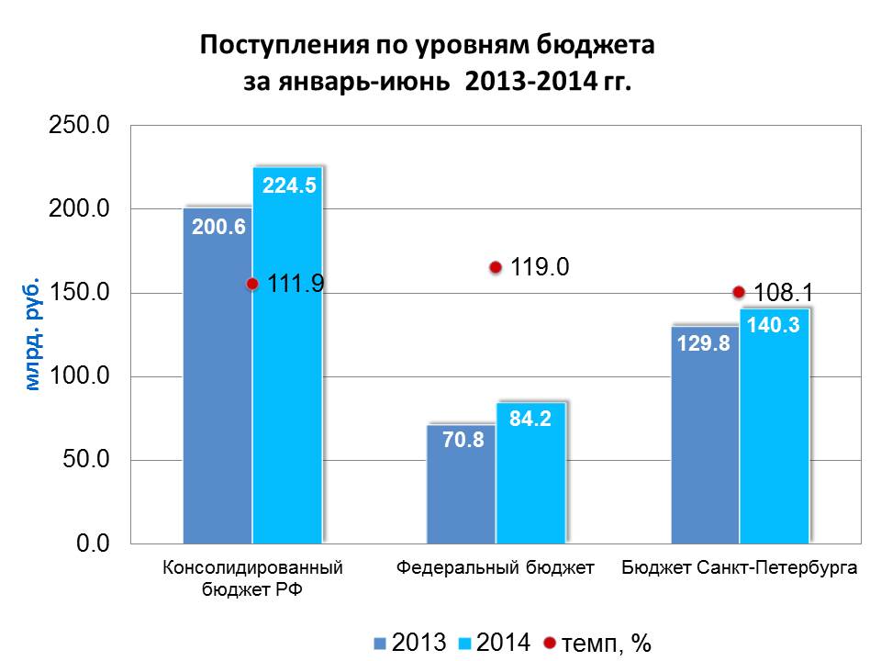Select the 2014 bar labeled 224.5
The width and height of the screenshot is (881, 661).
287,367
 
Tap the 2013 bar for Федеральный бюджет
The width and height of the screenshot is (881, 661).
462,496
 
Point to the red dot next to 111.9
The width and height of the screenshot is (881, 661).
252,285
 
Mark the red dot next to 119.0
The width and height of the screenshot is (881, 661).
496,268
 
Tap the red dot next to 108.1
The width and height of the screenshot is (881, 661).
739,292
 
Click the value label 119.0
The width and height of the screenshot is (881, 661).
541,267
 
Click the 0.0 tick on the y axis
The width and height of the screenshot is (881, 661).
93,543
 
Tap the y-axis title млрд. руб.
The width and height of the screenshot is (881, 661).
33,333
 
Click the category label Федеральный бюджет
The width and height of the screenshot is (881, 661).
496,568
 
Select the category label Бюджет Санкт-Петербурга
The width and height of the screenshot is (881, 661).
739,568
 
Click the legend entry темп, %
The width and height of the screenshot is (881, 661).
597,644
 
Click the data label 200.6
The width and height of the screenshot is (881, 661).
218,227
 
